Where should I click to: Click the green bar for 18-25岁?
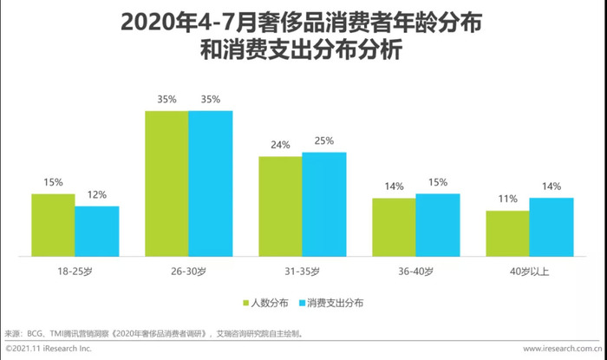[x=53, y=225]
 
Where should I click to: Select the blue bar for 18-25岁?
[x=96, y=231]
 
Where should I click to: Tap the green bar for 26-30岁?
[x=166, y=184]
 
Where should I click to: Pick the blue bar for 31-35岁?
[x=323, y=205]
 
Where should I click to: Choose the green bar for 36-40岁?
[x=394, y=227]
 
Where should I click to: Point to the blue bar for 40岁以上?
[x=551, y=227]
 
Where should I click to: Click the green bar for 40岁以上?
[x=507, y=233]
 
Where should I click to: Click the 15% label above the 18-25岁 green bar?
[x=53, y=182]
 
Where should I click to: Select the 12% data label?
[x=96, y=194]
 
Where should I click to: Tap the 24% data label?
[x=280, y=145]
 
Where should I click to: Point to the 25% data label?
[x=323, y=141]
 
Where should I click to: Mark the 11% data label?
[x=507, y=199]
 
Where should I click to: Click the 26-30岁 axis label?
[x=188, y=272]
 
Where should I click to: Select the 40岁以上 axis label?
[x=529, y=272]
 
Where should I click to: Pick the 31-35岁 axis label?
[x=302, y=272]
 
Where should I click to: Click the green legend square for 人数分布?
[x=246, y=303]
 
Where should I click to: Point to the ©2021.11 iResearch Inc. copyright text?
[x=48, y=348]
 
